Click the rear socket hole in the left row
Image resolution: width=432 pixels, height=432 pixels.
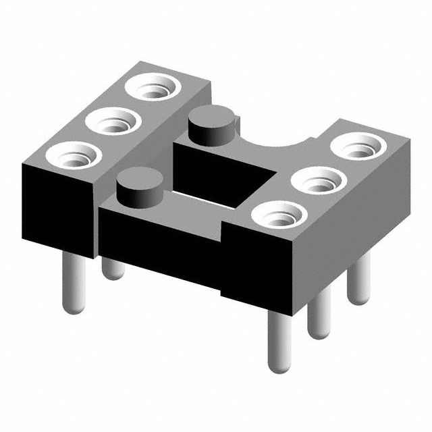155,88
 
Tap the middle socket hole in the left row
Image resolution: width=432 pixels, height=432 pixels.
113,123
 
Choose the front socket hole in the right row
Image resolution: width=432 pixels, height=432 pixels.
278,217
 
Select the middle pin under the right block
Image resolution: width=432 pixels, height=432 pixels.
319,314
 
